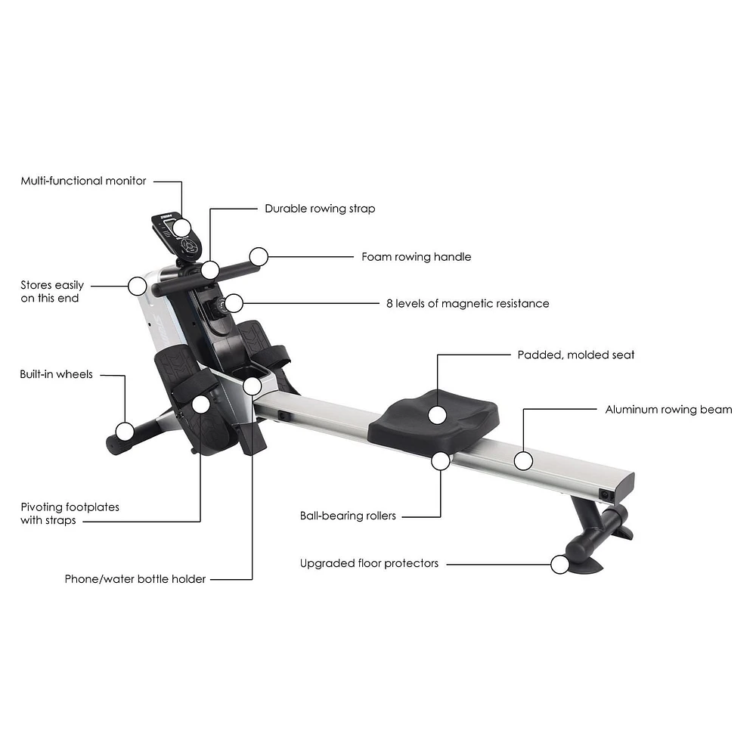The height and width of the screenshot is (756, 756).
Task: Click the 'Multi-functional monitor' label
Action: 83,181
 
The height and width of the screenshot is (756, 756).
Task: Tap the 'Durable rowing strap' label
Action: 320,209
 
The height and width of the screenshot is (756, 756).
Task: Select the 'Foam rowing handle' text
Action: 417,257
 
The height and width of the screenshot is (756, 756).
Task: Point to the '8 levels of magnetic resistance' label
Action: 468,304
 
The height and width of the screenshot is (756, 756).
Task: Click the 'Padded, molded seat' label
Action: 576,355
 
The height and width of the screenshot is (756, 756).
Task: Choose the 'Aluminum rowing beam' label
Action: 669,410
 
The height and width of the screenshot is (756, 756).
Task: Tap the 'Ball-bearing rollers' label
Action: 348,516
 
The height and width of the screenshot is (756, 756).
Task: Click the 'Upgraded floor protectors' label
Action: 370,564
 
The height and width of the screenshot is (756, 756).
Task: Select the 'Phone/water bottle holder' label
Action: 135,579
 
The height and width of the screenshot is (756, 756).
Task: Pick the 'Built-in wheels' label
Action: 57,375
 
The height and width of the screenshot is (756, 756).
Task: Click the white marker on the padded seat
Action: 437,415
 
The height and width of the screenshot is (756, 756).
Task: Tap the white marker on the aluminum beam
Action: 523,461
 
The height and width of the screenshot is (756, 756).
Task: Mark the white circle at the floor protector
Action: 559,565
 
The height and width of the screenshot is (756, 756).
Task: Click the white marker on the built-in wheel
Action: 125,431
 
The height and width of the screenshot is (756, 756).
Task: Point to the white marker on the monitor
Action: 181,228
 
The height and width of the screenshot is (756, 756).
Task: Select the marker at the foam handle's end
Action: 259,257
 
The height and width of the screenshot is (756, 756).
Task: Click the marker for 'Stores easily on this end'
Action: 138,287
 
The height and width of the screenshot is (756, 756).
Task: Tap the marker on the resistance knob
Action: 234,304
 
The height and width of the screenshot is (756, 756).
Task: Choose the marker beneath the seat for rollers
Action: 441,461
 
